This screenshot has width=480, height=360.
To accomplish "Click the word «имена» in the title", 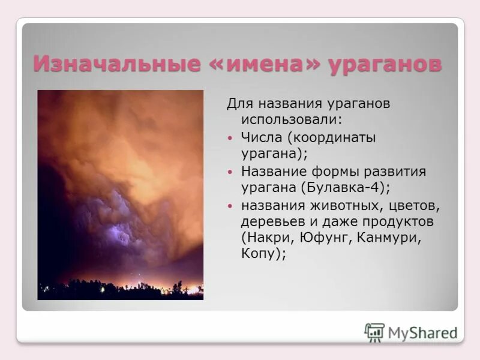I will (260, 64).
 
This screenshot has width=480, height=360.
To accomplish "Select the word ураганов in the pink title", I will (385, 64).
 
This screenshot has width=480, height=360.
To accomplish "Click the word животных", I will (340, 206).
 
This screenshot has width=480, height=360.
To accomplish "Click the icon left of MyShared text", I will (374, 332).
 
